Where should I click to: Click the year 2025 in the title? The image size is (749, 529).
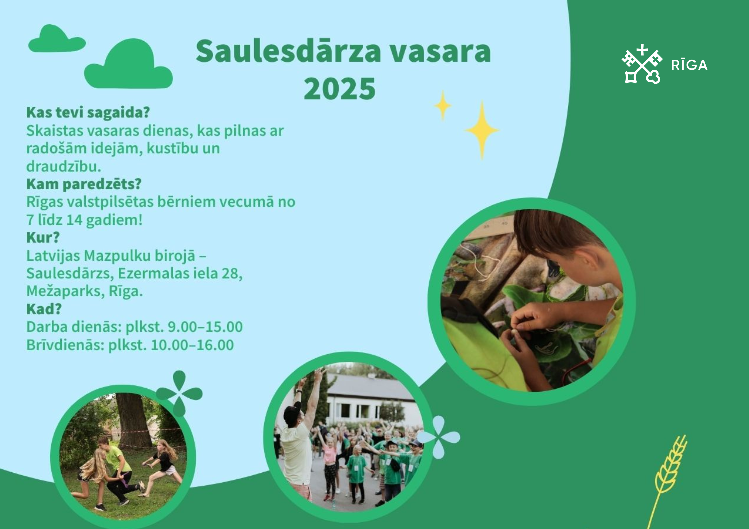[x=340, y=89]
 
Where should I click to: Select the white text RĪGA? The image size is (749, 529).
[x=689, y=65]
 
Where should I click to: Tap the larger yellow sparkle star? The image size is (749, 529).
[x=482, y=130]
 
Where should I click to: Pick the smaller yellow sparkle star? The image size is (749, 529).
[x=443, y=106]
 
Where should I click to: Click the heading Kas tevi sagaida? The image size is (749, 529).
[x=88, y=112]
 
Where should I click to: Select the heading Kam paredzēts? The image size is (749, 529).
[x=84, y=184]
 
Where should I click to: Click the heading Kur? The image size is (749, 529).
[x=43, y=237]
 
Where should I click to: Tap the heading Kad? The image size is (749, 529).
[x=44, y=309]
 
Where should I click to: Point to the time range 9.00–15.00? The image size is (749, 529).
[x=205, y=327]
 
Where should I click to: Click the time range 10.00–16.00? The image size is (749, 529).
[x=192, y=345]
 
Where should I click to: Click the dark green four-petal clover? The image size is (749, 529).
[x=179, y=394]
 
